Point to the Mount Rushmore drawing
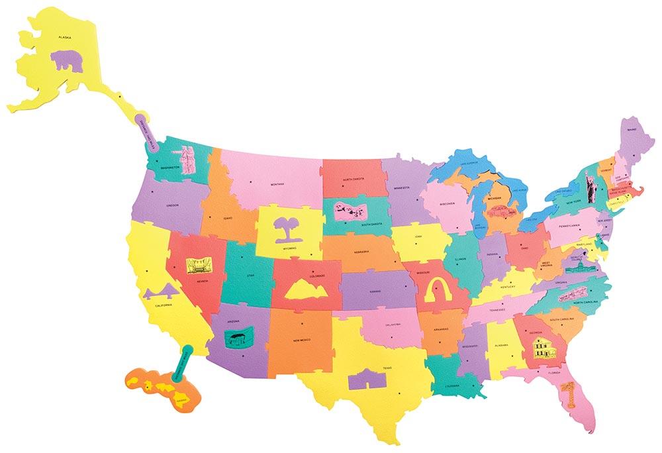pos(349,210)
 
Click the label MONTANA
pos(276,184)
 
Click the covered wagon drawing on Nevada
pos(197,266)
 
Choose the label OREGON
pos(173,205)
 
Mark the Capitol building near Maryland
pos(574,272)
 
